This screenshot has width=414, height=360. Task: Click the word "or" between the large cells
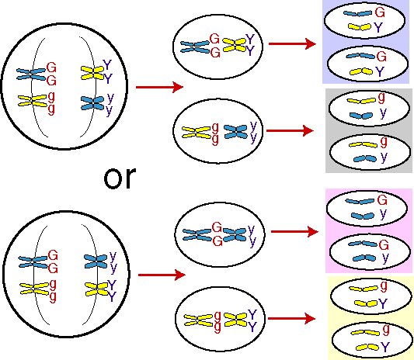(120, 178)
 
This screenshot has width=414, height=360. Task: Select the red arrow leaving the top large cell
(159, 87)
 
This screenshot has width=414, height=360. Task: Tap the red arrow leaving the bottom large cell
(162, 275)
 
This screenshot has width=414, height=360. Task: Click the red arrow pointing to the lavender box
(292, 43)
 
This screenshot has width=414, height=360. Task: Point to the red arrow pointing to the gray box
(290, 130)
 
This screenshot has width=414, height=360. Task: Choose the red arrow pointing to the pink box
(294, 231)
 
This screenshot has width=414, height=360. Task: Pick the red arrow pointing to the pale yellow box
(292, 318)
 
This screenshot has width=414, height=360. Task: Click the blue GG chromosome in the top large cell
(31, 74)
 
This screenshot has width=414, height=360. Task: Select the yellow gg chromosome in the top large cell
(33, 101)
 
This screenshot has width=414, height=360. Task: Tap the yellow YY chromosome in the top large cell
(92, 73)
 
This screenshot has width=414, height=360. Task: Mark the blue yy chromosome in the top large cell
(92, 103)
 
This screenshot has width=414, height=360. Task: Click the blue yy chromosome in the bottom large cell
(96, 261)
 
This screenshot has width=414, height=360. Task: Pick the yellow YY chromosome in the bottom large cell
(97, 289)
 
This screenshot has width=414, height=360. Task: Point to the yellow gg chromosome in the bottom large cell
(34, 289)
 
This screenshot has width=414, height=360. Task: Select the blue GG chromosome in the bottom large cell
(33, 262)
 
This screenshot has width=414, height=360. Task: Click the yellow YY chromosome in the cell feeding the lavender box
(235, 45)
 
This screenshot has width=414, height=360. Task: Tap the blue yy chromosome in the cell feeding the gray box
(236, 132)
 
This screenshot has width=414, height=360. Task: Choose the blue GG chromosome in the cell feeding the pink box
(197, 235)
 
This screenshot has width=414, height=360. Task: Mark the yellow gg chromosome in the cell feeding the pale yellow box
(198, 320)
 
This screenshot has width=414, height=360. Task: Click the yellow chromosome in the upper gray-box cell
(361, 101)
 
